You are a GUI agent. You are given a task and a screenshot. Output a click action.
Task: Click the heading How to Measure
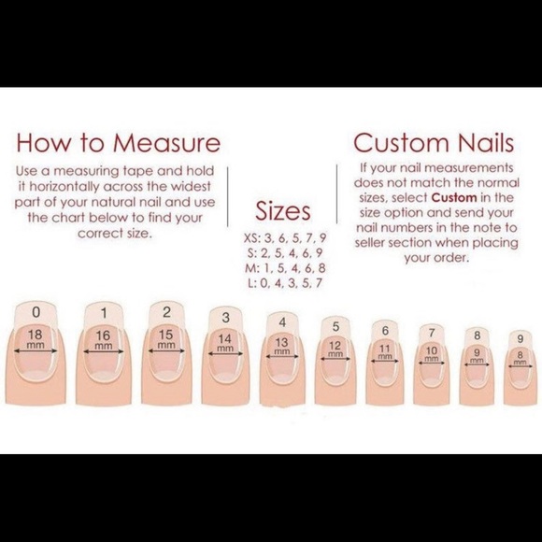[118, 143]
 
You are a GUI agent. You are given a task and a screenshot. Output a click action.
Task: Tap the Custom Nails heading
[433, 143]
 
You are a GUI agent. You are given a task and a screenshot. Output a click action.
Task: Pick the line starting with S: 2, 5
[283, 252]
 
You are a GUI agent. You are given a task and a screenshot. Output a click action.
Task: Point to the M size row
[283, 267]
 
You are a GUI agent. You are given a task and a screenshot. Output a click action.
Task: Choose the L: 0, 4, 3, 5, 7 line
[283, 282]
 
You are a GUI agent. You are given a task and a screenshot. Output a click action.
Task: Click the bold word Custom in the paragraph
[455, 198]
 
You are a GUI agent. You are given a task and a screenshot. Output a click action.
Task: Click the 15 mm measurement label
[166, 339]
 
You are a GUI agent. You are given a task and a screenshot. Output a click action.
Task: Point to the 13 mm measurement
[281, 347]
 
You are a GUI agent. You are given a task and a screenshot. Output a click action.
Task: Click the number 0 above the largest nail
[36, 311]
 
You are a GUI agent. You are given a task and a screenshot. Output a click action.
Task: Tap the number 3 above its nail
[225, 319]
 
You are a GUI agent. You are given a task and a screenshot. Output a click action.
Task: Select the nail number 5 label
[335, 327]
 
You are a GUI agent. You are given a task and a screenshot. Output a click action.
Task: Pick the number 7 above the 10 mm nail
[431, 332]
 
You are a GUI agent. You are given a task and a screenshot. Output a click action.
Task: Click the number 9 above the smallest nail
[519, 337]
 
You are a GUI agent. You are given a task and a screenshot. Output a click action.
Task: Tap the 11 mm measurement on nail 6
[384, 353]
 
